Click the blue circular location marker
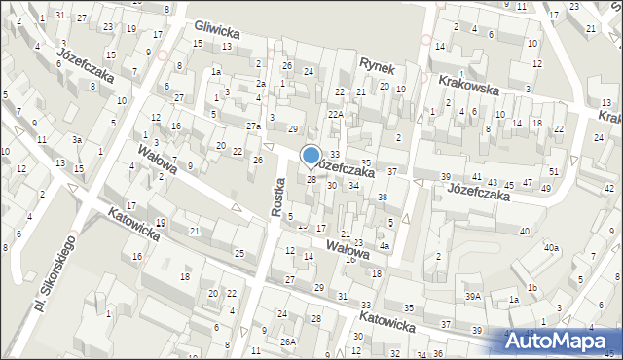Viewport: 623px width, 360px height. [x=311, y=156]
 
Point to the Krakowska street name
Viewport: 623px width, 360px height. [x=468, y=86]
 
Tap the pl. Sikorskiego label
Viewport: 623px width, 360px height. [x=55, y=274]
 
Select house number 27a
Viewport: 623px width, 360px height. [x=253, y=127]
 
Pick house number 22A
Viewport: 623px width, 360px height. [x=336, y=114]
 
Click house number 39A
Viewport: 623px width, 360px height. [x=474, y=296]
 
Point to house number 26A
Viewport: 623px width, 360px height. [x=288, y=342]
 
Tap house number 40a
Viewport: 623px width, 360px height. [x=552, y=248]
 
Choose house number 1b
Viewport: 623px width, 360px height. [x=532, y=287]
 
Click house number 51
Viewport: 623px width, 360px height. [x=553, y=172]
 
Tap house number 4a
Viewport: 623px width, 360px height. [x=385, y=246]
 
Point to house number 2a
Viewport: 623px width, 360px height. [x=261, y=84]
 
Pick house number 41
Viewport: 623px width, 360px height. [x=477, y=176]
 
